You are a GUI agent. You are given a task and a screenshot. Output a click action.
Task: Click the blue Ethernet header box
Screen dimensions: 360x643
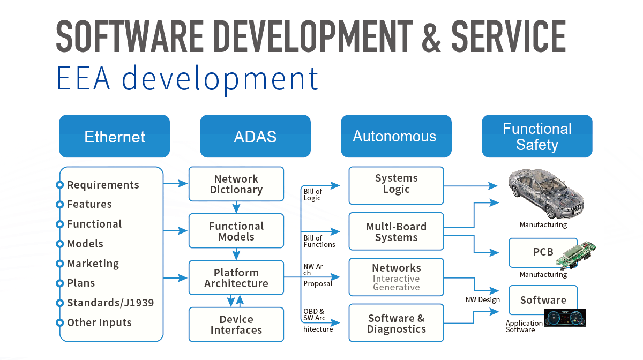click(114, 136)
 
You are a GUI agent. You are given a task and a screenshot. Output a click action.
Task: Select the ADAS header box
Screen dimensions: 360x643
click(255, 136)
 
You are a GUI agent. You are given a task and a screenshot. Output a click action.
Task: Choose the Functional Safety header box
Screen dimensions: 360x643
click(537, 136)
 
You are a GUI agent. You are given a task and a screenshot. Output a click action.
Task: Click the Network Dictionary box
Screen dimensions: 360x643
click(236, 184)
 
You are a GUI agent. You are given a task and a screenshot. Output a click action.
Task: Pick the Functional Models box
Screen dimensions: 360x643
click(236, 231)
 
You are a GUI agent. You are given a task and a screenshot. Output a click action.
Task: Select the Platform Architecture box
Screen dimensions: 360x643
click(236, 277)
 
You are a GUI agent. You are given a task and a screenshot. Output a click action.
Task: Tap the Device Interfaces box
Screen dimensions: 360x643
click(236, 325)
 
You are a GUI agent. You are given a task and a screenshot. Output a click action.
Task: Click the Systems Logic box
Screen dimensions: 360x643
click(396, 184)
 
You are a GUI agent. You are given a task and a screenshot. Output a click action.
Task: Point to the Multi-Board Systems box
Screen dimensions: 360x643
click(396, 231)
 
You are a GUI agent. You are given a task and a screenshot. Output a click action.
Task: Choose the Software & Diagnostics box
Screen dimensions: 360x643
click(396, 324)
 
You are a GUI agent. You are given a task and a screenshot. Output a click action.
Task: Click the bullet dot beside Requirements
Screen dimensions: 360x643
click(60, 185)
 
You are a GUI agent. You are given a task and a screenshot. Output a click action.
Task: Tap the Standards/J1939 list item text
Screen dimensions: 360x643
click(110, 303)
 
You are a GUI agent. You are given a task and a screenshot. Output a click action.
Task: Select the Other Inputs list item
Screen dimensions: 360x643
click(99, 322)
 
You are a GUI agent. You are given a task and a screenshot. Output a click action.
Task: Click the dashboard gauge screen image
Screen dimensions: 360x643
click(565, 318)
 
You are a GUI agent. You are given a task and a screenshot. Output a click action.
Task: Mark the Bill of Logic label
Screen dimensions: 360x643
click(312, 194)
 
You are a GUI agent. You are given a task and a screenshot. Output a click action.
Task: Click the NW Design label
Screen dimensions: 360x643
click(482, 299)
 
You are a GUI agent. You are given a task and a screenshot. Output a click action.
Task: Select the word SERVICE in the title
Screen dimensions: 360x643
click(508, 36)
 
